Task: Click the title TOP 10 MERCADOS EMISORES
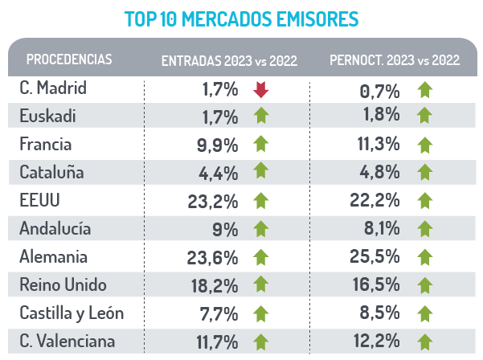tap(241, 18)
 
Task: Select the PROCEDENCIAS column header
tap(69, 59)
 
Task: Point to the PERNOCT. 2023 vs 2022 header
tap(395, 60)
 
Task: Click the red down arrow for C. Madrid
tap(260, 88)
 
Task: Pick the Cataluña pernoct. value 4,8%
tap(382, 173)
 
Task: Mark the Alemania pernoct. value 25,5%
tap(377, 257)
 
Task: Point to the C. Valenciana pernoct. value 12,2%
tap(377, 342)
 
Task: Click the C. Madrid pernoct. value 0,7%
tap(382, 89)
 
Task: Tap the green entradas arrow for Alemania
tap(260, 257)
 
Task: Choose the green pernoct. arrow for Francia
tap(425, 145)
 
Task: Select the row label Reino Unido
tap(62, 284)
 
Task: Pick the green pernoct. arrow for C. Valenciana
tap(425, 342)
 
